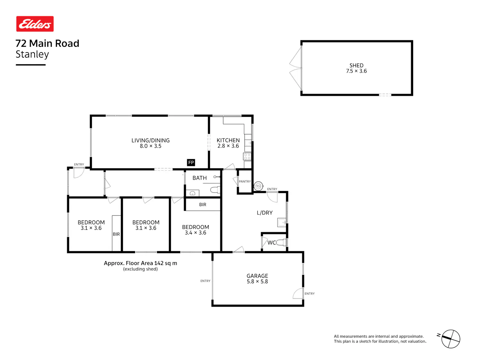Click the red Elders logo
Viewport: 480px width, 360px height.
click(35, 24)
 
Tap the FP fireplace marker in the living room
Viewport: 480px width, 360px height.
click(191, 163)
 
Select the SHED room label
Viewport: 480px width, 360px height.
click(356, 65)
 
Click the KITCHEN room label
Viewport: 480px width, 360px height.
click(228, 140)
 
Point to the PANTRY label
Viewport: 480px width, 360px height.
click(245, 181)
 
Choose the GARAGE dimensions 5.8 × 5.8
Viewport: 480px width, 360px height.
click(257, 282)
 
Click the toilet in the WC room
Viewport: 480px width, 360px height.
click(281, 243)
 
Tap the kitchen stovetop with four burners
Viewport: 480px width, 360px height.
click(247, 156)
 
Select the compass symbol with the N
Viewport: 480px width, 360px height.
click(450, 339)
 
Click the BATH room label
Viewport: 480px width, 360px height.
click(199, 178)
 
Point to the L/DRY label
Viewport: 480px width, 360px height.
click(265, 213)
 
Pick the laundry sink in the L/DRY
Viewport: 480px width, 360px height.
click(282, 222)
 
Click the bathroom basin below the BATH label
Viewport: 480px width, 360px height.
click(192, 193)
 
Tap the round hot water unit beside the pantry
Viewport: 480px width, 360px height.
click(258, 186)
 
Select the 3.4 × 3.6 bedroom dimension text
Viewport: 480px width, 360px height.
click(196, 233)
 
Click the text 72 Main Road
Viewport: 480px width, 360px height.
click(47, 43)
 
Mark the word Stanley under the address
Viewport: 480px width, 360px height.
click(32, 54)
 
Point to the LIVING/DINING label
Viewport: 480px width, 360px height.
click(150, 140)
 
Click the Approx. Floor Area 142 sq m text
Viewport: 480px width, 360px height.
click(140, 263)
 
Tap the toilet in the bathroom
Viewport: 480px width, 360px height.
click(215, 190)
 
